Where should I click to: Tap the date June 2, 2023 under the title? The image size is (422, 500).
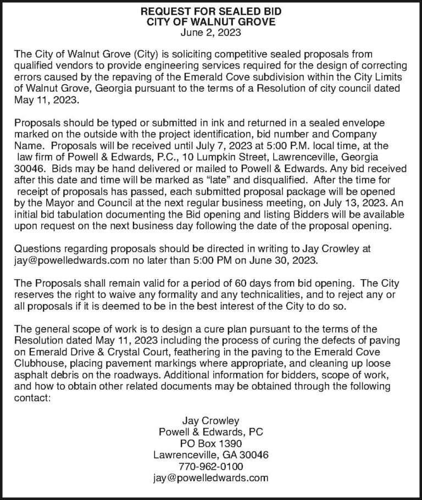pyautogui.click(x=211, y=32)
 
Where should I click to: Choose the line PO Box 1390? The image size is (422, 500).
pyautogui.click(x=211, y=443)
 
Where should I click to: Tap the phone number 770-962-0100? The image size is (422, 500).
pyautogui.click(x=211, y=466)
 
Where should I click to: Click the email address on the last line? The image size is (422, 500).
pyautogui.click(x=211, y=477)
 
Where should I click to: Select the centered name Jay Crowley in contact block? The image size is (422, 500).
pyautogui.click(x=211, y=421)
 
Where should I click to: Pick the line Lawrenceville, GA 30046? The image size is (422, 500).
pyautogui.click(x=211, y=455)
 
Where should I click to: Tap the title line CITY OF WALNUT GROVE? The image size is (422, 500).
pyautogui.click(x=211, y=22)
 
